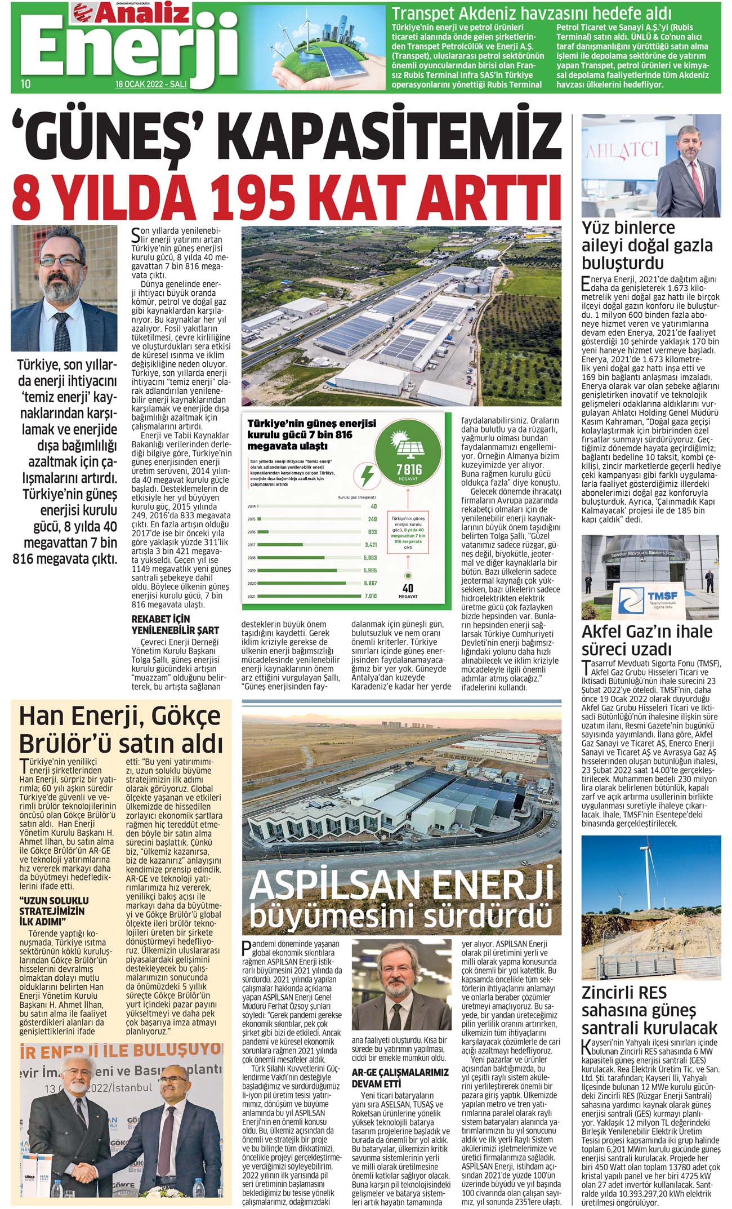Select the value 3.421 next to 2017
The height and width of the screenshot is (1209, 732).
tap(371, 545)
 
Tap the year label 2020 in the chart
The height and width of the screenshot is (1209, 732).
tap(252, 583)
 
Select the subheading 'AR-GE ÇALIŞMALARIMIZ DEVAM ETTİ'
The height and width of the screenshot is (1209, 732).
tap(400, 1078)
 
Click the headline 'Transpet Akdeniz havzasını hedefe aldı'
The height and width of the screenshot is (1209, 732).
tap(531, 13)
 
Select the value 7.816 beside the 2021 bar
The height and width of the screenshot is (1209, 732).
tap(371, 595)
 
